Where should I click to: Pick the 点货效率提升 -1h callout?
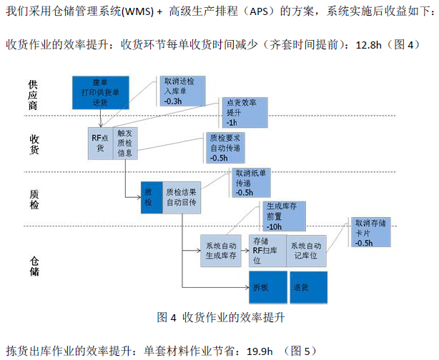point(241,113)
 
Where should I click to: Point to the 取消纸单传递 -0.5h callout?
point(252,182)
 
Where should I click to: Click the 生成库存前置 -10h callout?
point(278,216)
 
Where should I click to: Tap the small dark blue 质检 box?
point(149,198)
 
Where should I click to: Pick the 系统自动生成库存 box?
point(221,250)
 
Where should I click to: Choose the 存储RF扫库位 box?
point(266,250)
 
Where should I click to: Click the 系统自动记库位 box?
point(306,250)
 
